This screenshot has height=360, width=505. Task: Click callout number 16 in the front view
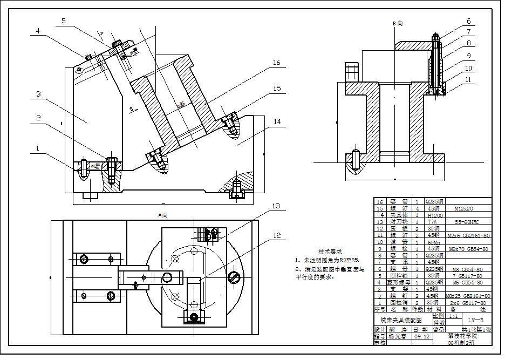tap(276, 63)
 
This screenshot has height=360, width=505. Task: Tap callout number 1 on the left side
tap(37, 147)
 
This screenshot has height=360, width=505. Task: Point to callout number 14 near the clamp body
tap(276, 122)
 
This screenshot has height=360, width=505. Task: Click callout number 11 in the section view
tap(468, 79)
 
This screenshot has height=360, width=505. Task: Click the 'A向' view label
tap(163, 215)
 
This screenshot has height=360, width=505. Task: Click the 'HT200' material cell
tap(434, 215)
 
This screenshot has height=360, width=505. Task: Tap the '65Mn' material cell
tap(434, 242)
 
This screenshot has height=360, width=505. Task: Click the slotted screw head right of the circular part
tap(234, 277)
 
